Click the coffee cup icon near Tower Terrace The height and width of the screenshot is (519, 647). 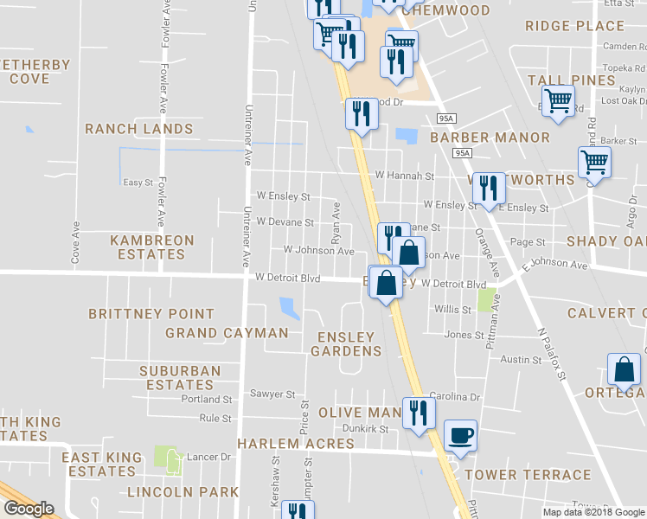[x=460, y=434]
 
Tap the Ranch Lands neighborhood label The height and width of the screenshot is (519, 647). [x=138, y=129]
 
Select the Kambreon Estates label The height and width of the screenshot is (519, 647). [x=152, y=247]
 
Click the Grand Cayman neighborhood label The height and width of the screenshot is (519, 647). [x=227, y=333]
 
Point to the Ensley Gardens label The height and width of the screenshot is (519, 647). [x=346, y=343]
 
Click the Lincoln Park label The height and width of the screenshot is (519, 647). [x=183, y=492]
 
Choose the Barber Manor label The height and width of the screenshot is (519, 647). [x=490, y=138]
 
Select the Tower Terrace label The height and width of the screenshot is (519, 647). [x=528, y=475]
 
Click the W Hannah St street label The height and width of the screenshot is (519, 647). [x=404, y=176]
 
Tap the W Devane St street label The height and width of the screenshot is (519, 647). [x=285, y=222]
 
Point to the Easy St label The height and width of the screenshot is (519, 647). [x=138, y=183]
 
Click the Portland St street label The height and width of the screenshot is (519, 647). [x=207, y=400]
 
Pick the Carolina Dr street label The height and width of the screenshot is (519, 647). [x=458, y=397]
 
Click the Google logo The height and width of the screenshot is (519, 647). [x=29, y=509]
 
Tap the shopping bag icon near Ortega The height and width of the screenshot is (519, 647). [x=624, y=369]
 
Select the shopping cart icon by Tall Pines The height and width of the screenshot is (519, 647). [x=559, y=101]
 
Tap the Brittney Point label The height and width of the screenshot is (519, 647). [x=151, y=314]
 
